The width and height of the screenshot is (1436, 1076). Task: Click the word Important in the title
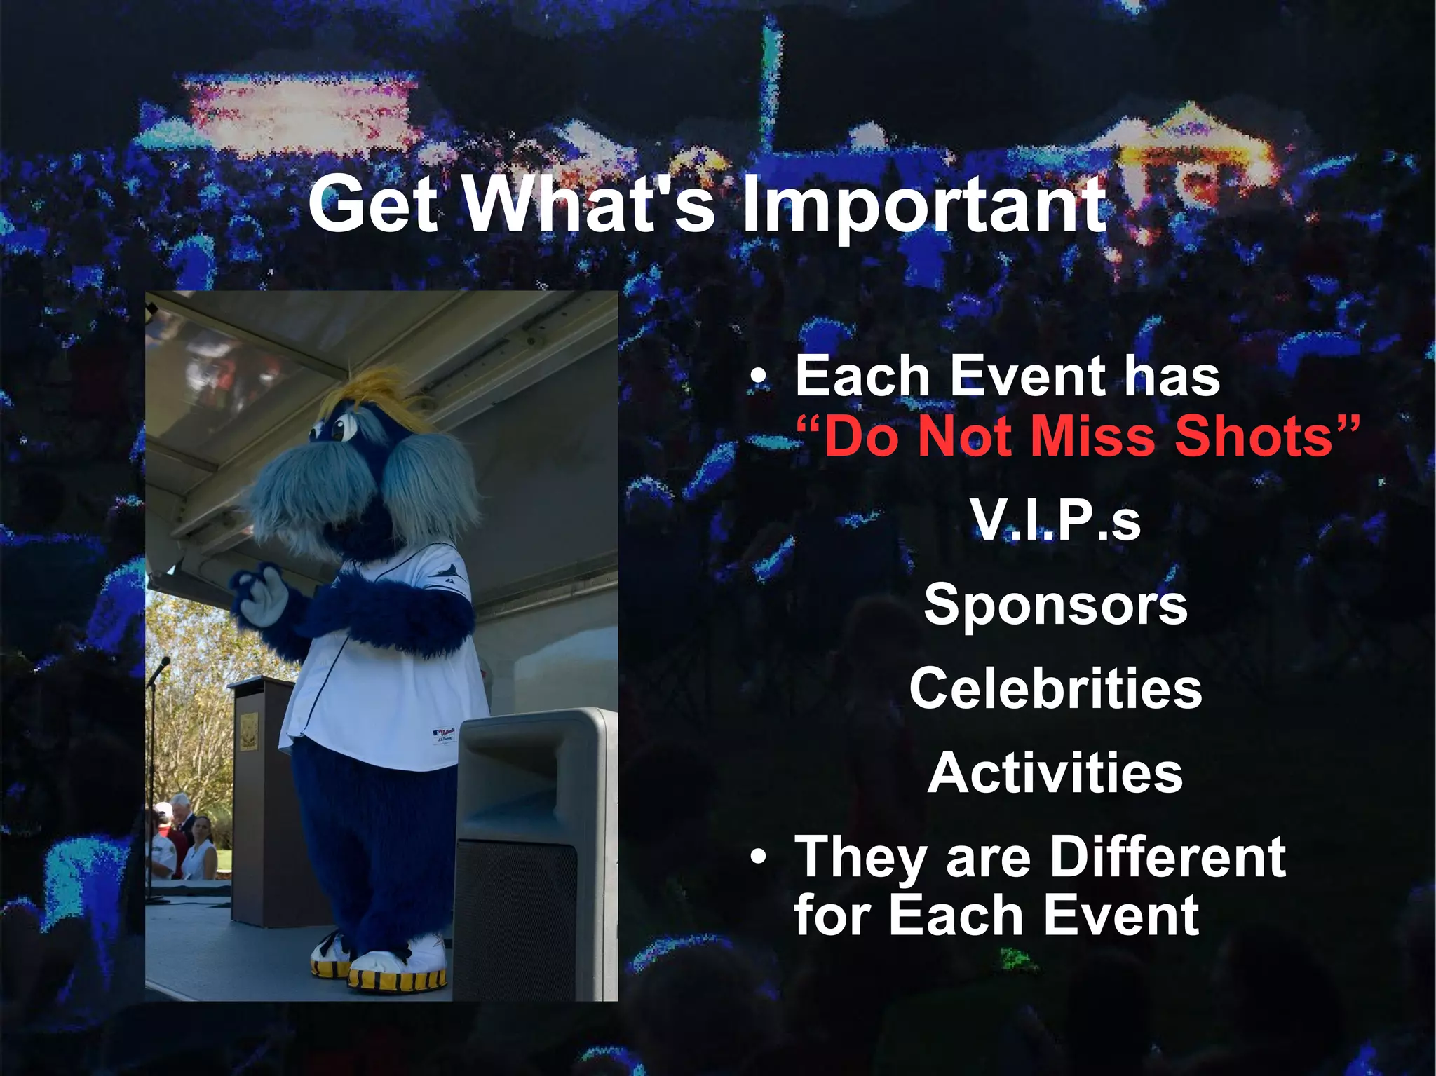pos(924,205)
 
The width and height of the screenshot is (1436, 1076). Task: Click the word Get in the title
pos(374,205)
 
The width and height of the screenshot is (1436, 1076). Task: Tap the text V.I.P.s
pos(1055,521)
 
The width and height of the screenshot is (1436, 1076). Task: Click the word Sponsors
pos(1055,604)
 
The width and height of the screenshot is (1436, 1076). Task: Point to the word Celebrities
pos(1055,688)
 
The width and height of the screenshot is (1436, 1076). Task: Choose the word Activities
pos(1055,772)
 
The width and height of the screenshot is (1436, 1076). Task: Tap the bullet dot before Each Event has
pos(758,379)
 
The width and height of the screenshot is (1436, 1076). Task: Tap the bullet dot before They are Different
pos(758,857)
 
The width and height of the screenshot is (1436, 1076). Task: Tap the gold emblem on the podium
pos(249,730)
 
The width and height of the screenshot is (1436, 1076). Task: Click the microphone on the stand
pos(162,665)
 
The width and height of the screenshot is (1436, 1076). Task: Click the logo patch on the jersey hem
pos(443,735)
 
